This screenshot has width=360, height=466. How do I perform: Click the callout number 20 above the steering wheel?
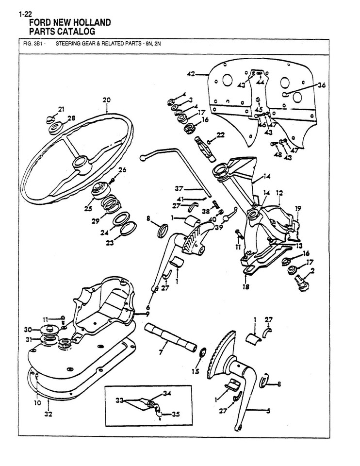107,100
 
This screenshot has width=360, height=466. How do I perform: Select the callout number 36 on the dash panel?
322,85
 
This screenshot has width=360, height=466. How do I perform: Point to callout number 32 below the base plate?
48,415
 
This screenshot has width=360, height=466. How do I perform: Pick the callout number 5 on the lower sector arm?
268,411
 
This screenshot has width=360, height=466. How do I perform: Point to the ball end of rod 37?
143,157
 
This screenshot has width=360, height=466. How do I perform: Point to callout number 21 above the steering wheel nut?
61,109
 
